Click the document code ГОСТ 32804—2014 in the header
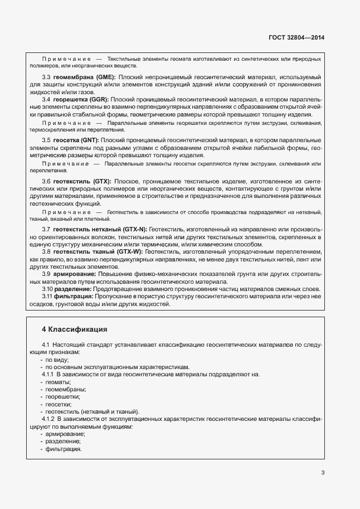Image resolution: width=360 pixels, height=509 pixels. (296, 37)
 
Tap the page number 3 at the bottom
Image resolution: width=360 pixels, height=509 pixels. (323, 473)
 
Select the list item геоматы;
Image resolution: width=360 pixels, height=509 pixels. (58, 382)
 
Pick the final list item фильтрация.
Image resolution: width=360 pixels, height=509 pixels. (64, 448)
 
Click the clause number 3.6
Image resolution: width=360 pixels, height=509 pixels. (46, 182)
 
